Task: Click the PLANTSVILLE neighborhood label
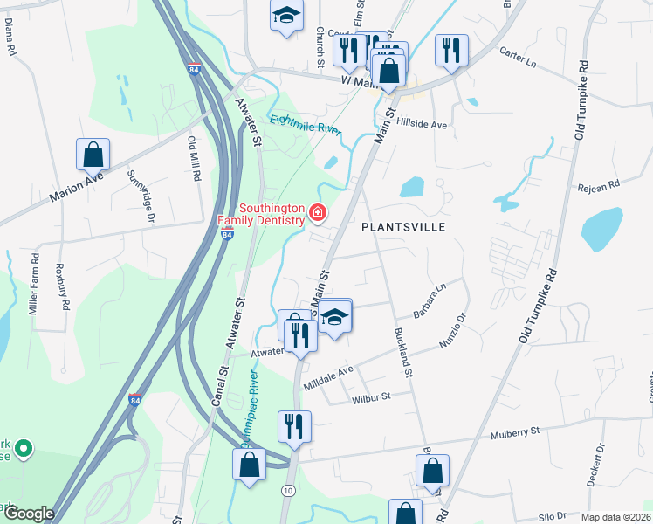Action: click(x=403, y=227)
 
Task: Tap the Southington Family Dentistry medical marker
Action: click(x=318, y=212)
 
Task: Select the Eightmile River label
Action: click(x=304, y=125)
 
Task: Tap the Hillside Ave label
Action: click(x=423, y=125)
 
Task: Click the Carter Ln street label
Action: click(x=518, y=61)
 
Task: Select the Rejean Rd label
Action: click(x=598, y=185)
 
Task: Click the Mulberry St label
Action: click(x=516, y=431)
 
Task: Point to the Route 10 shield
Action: click(x=288, y=492)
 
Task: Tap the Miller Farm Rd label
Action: click(x=34, y=284)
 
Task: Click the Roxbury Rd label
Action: click(x=63, y=287)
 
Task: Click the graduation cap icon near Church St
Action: click(x=285, y=16)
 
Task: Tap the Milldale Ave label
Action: click(x=328, y=377)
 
